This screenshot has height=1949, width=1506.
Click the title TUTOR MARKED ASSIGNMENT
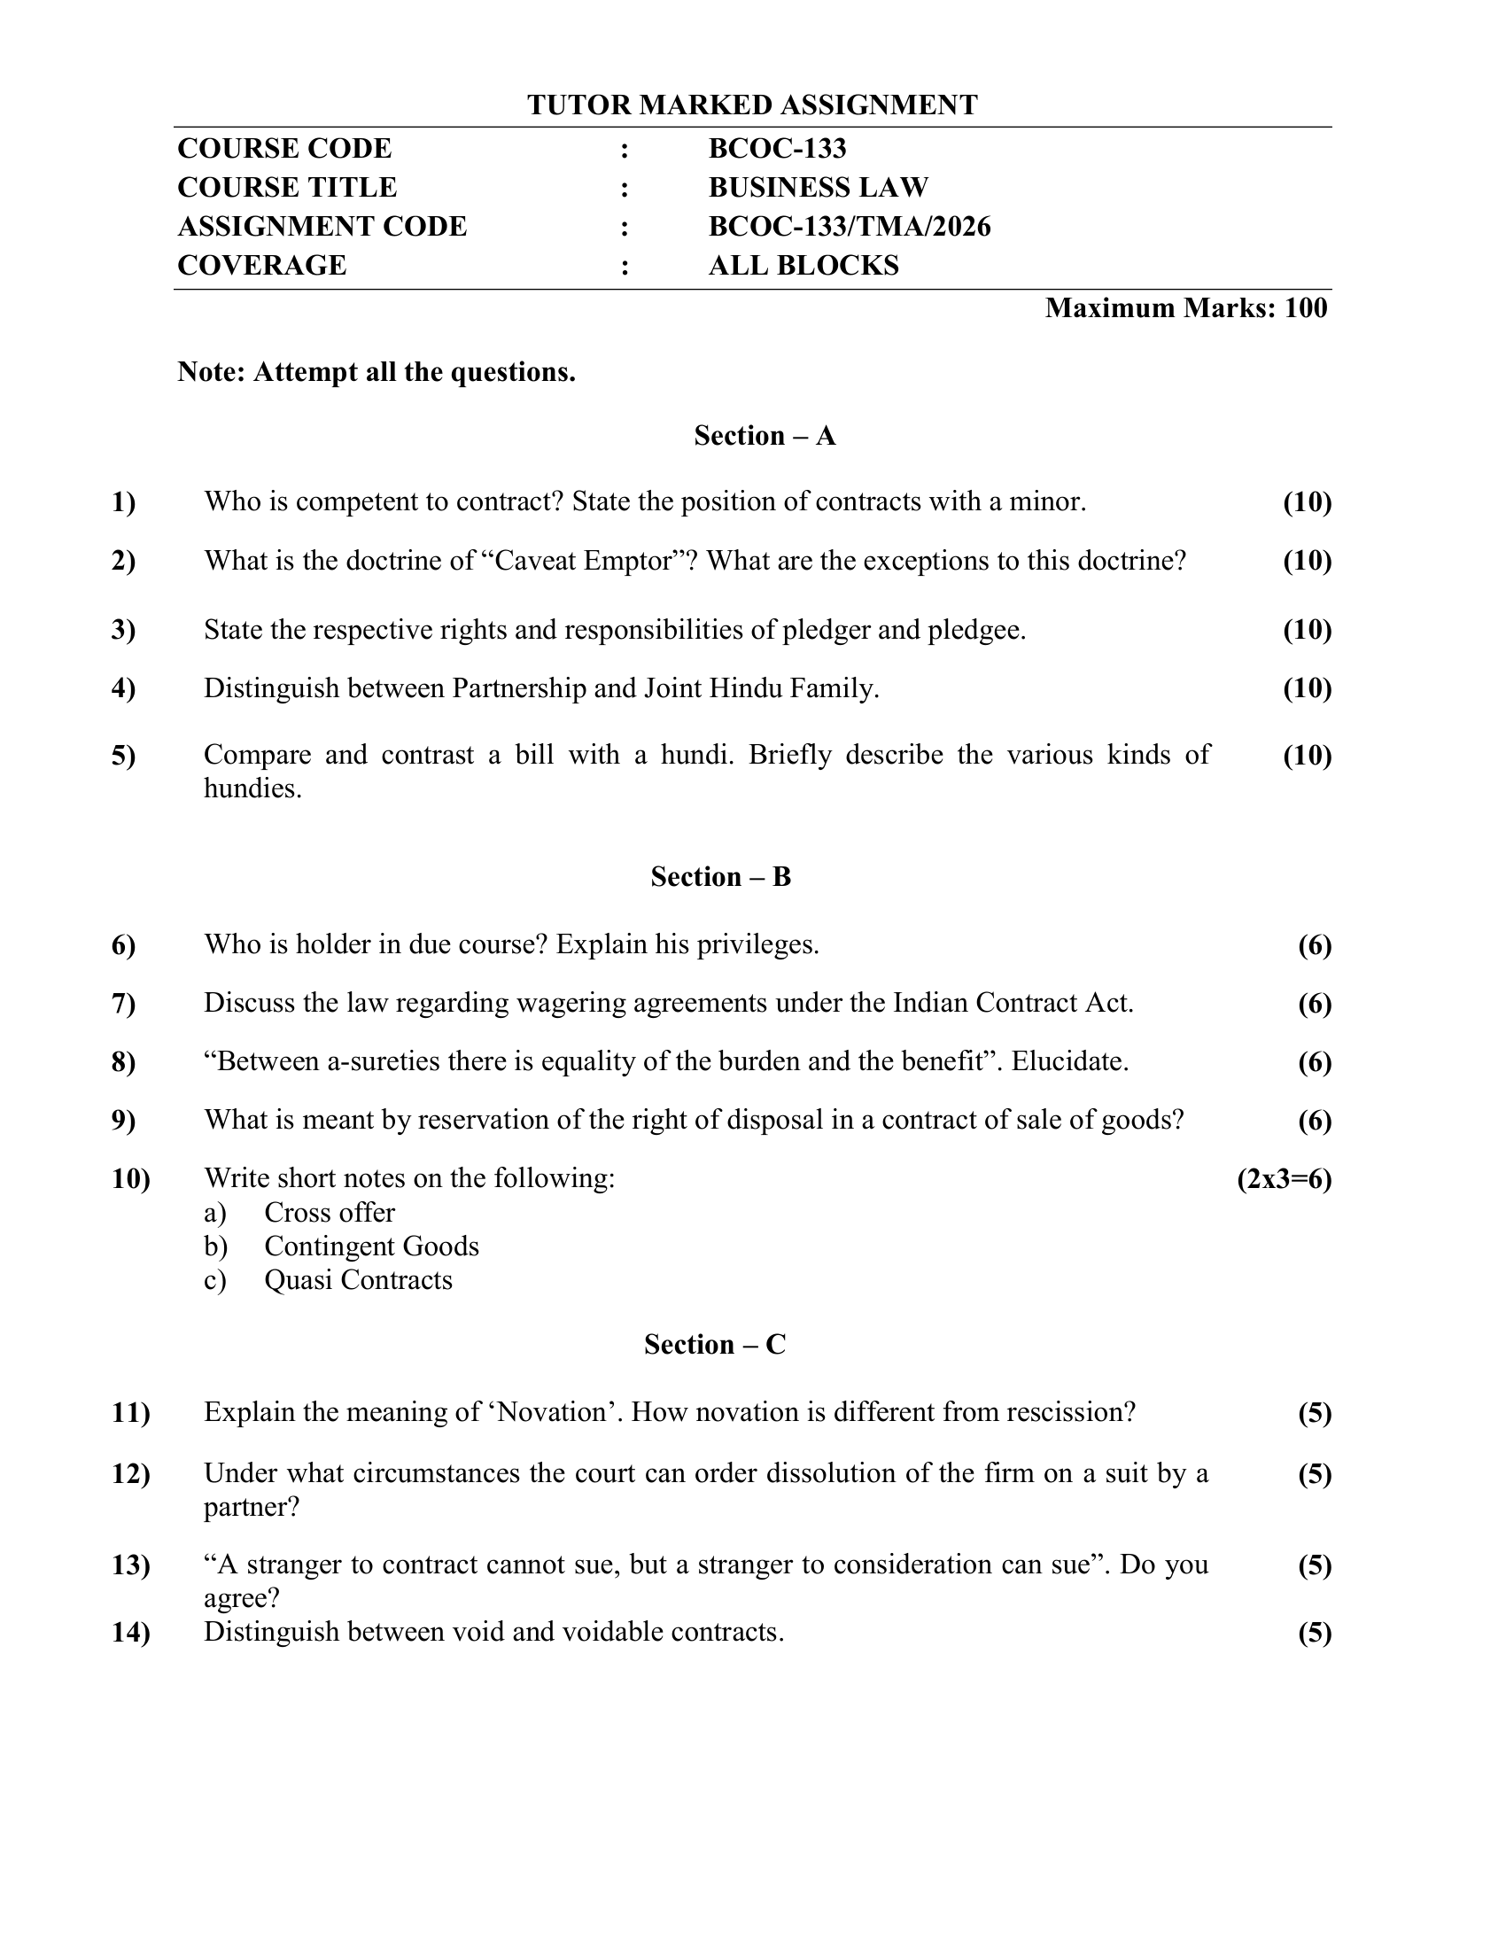pos(752,105)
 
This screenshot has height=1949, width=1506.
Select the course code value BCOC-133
pos(777,148)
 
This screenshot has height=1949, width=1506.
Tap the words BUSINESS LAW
pos(819,188)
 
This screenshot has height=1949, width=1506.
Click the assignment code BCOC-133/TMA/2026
pos(850,227)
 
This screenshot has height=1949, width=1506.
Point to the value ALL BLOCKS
pos(803,266)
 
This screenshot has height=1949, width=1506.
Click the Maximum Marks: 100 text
pos(1185,308)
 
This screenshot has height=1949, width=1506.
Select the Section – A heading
pos(765,436)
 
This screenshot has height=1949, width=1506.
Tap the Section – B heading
pos(721,877)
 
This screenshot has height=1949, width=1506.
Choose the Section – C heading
pos(715,1345)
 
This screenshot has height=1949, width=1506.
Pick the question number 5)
pos(124,756)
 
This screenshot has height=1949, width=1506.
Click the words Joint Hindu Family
pos(760,688)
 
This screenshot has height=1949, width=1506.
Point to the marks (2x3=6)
pos(1284,1180)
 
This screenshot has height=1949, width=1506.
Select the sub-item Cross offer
pos(330,1213)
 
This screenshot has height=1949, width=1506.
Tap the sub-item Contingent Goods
pos(371,1246)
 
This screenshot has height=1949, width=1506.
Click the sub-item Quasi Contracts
pos(358,1281)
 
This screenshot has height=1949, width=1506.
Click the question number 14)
pos(130,1633)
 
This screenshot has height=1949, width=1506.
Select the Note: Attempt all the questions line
pos(376,372)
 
